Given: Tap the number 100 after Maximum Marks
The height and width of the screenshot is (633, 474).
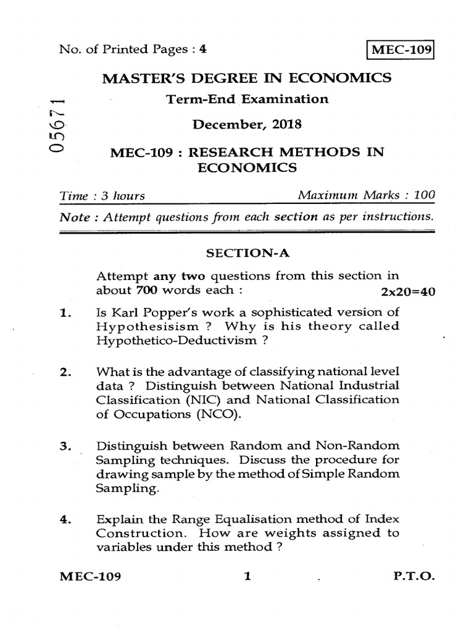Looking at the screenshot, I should [425, 196].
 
